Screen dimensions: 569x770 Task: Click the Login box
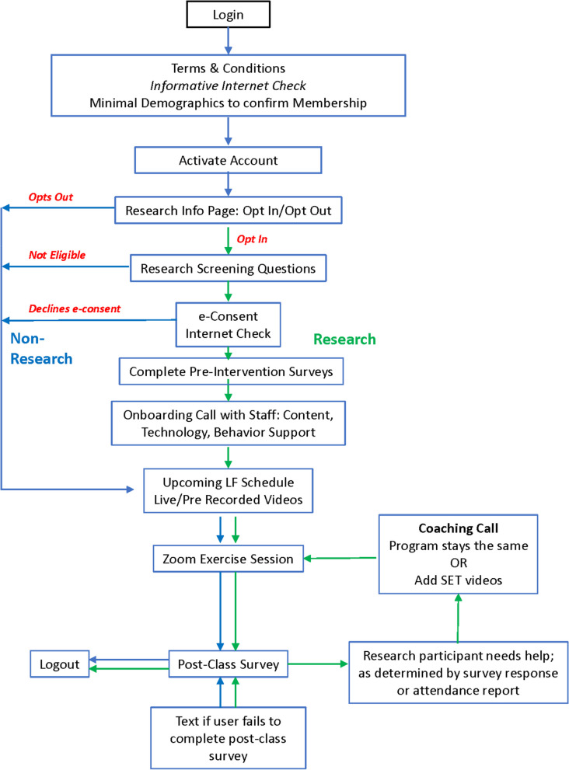tap(228, 14)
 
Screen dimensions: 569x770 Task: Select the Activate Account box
tap(228, 160)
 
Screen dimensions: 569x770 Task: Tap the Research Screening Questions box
tap(228, 268)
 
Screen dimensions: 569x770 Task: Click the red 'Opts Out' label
tap(51, 197)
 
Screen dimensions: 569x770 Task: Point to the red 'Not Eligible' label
tap(57, 255)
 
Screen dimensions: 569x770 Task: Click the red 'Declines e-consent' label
tap(74, 308)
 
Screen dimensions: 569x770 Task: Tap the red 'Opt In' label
tap(252, 239)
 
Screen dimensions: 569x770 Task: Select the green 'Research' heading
tap(344, 340)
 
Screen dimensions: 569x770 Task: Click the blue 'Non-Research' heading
tap(41, 349)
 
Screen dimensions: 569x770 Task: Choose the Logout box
tap(59, 664)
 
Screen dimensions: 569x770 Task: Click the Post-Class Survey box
tap(228, 664)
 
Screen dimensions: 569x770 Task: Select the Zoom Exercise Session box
tap(228, 559)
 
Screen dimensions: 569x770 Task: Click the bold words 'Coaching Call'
tap(458, 528)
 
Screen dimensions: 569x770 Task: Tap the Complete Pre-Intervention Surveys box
tap(231, 371)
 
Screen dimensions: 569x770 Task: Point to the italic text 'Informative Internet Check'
tap(228, 85)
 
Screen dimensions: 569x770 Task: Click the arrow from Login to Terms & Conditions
tap(228, 40)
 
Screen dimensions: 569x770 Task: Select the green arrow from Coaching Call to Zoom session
tap(340, 559)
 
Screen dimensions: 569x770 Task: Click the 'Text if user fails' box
tap(228, 738)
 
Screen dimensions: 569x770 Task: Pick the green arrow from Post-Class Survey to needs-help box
tap(318, 664)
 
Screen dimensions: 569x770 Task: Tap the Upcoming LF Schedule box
tap(228, 490)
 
